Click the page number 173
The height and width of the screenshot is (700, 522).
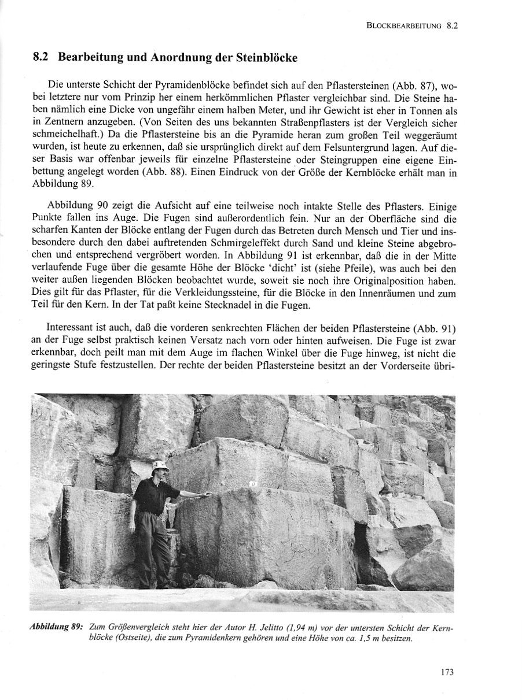tap(447, 672)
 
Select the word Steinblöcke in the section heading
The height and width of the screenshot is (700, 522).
tap(264, 58)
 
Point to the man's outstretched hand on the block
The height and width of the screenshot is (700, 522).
tap(206, 494)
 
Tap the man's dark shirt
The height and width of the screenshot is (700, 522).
tap(152, 495)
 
